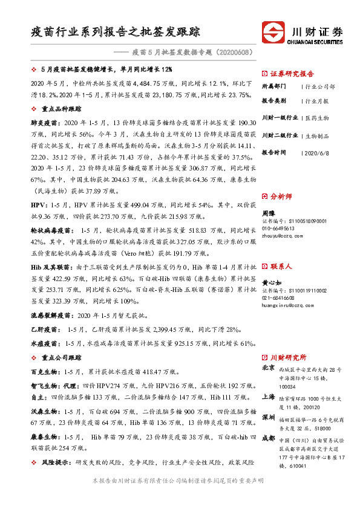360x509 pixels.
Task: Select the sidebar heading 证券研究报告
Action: pyautogui.click(x=290, y=71)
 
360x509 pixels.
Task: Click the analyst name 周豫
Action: pyautogui.click(x=268, y=213)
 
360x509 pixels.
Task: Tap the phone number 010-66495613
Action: pyautogui.click(x=278, y=229)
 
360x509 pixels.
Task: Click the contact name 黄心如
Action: pyautogui.click(x=271, y=283)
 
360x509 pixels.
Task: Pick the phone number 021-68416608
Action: pyautogui.click(x=278, y=298)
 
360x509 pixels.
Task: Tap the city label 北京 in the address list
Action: pyautogui.click(x=268, y=368)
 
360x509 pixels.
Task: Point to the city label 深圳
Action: pyautogui.click(x=268, y=418)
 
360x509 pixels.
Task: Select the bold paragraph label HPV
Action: pyautogui.click(x=38, y=206)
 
